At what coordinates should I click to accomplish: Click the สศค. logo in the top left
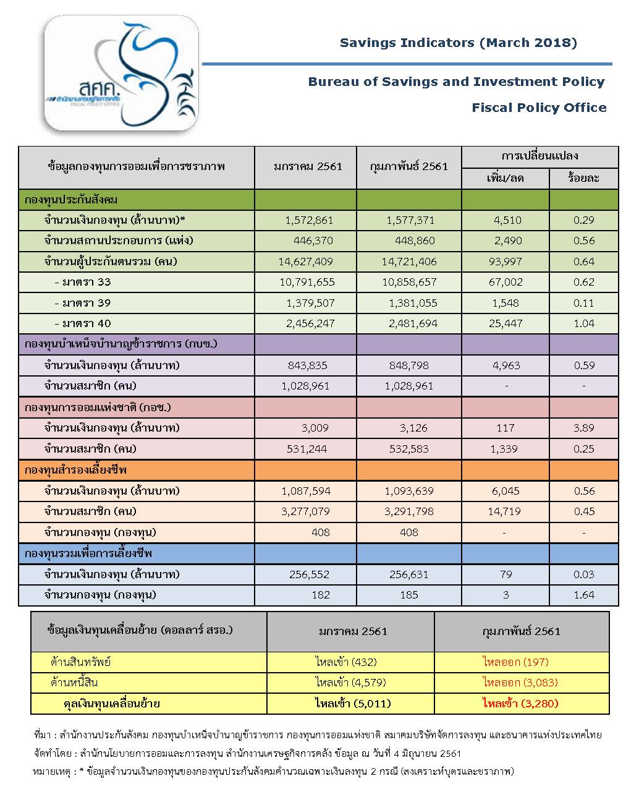[121, 73]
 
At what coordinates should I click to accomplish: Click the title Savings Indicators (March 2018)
[458, 43]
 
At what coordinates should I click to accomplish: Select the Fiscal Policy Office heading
[539, 108]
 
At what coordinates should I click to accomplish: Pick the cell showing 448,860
[415, 241]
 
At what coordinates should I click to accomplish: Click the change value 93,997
[505, 262]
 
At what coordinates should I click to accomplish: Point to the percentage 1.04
[583, 323]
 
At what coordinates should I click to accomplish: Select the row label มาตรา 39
[83, 303]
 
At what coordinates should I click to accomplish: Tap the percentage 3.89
[583, 428]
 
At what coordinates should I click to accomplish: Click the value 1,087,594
[306, 491]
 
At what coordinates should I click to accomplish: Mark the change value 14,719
[504, 511]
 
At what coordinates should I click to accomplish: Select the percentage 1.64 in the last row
[583, 595]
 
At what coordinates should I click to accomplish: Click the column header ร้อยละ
[583, 179]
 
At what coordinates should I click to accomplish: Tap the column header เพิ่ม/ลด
[505, 179]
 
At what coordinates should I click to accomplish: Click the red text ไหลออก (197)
[515, 662]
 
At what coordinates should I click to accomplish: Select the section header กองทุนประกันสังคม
[71, 200]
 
